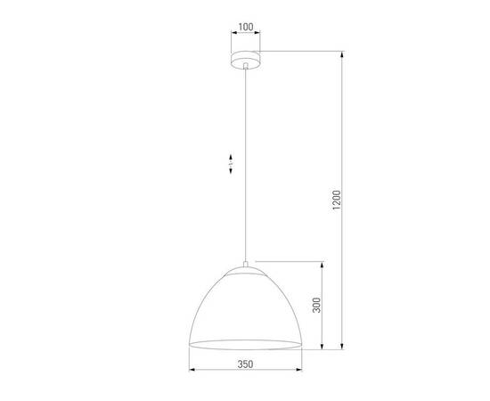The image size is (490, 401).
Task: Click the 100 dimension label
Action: click(245, 28)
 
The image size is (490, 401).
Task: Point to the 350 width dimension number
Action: click(245, 364)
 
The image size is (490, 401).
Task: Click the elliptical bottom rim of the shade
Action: click(245, 344)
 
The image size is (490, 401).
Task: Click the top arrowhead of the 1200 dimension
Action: click(343, 53)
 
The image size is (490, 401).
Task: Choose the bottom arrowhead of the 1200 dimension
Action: click(343, 348)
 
